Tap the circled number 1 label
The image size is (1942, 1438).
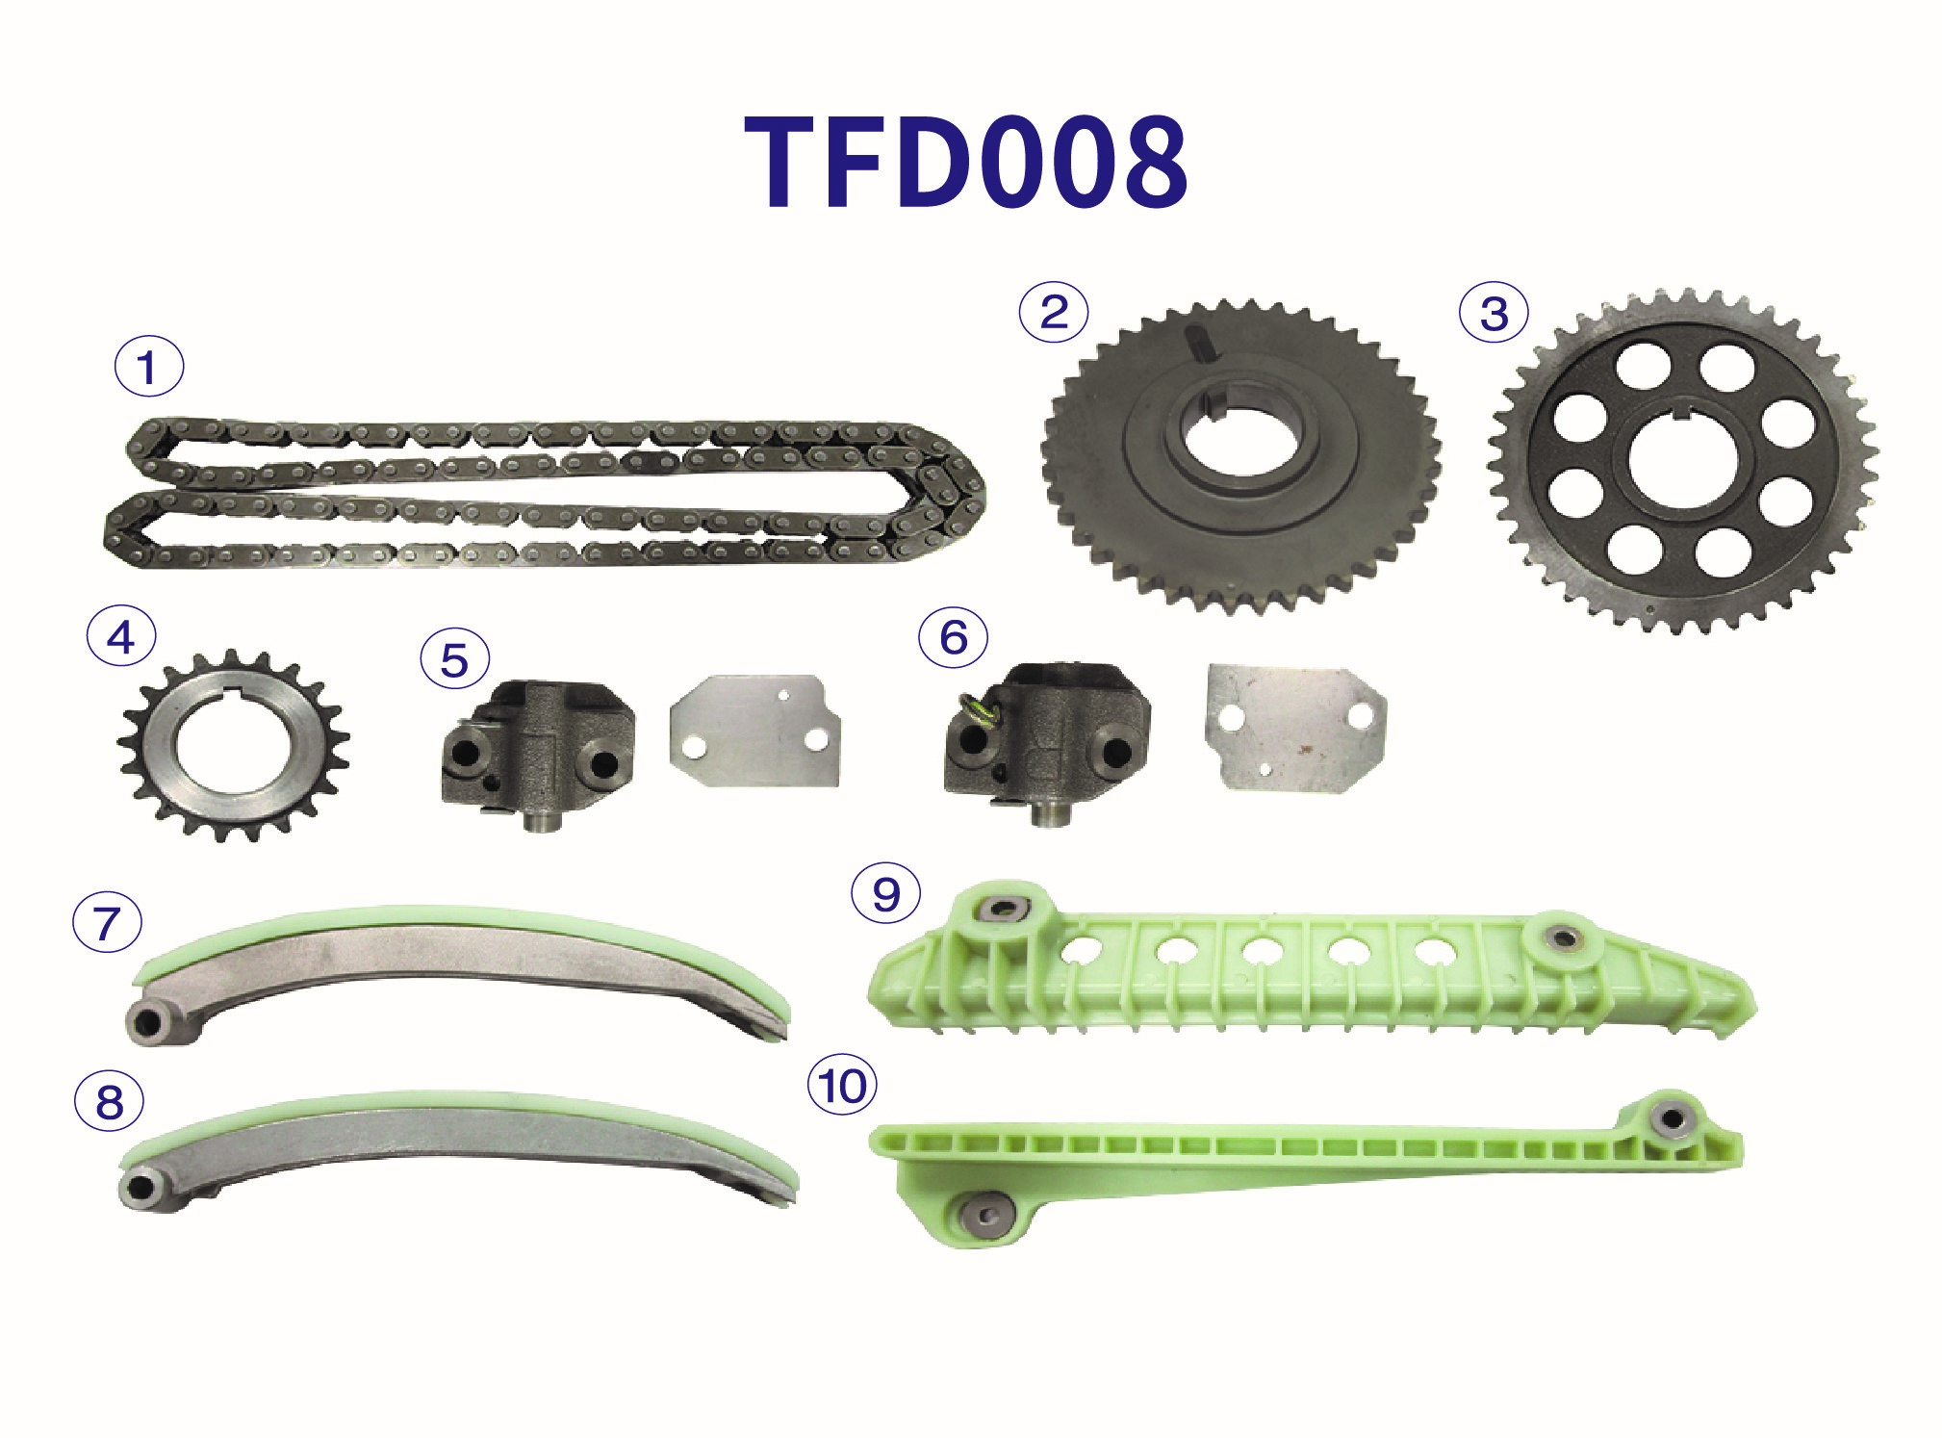(x=148, y=367)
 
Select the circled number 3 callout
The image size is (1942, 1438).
(x=1494, y=313)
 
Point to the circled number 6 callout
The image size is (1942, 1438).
(x=953, y=637)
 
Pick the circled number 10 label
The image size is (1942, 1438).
(x=843, y=1087)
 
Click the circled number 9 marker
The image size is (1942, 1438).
(x=885, y=894)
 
